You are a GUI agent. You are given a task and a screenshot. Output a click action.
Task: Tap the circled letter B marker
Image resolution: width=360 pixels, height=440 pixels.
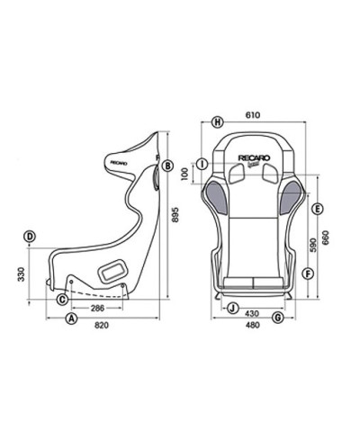click(168, 164)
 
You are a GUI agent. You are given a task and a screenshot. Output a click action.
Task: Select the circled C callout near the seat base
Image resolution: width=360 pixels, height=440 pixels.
click(62, 298)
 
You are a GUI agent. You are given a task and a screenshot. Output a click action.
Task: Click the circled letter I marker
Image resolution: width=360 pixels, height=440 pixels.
click(202, 163)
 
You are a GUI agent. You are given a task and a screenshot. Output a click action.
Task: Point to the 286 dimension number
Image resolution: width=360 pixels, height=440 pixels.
click(96, 307)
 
